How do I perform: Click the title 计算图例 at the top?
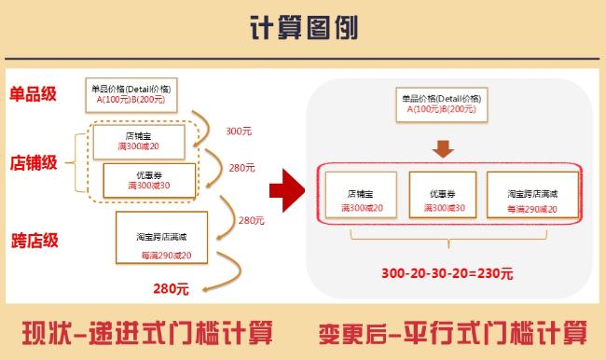coord(303,29)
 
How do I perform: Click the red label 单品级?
coord(34,93)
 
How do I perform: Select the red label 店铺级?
coord(34,162)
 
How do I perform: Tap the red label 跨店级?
coord(34,241)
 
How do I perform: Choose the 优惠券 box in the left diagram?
coord(149,180)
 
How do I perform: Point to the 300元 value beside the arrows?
coord(239,132)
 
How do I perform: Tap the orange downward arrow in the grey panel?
coord(444,149)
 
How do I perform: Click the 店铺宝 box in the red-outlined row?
coord(361,195)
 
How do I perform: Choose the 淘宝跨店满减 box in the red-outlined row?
coord(531,195)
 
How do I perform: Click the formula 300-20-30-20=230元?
coord(447,273)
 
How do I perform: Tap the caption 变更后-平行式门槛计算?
coord(453,331)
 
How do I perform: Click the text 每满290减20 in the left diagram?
coord(166,256)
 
